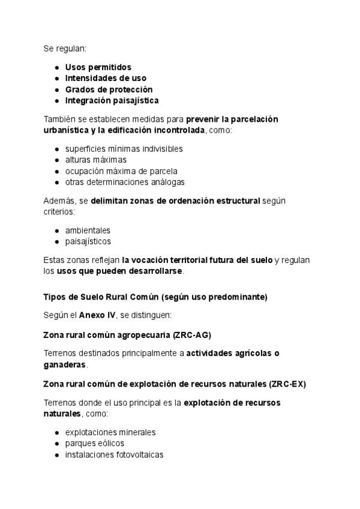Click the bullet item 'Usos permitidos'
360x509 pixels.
(98, 67)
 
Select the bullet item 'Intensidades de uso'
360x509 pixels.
(106, 78)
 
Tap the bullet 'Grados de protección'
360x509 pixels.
(109, 89)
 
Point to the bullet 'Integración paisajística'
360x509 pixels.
(112, 100)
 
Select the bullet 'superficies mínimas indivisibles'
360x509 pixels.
(124, 149)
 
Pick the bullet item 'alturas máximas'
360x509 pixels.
(95, 160)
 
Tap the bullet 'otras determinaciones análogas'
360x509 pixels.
(125, 182)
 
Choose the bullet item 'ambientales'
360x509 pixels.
(88, 230)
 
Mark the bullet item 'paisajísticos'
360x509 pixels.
(88, 241)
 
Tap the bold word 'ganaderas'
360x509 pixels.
(65, 364)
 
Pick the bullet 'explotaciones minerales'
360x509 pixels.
(110, 432)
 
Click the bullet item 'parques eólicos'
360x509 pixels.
(95, 444)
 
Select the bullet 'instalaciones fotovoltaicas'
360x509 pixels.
(114, 455)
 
